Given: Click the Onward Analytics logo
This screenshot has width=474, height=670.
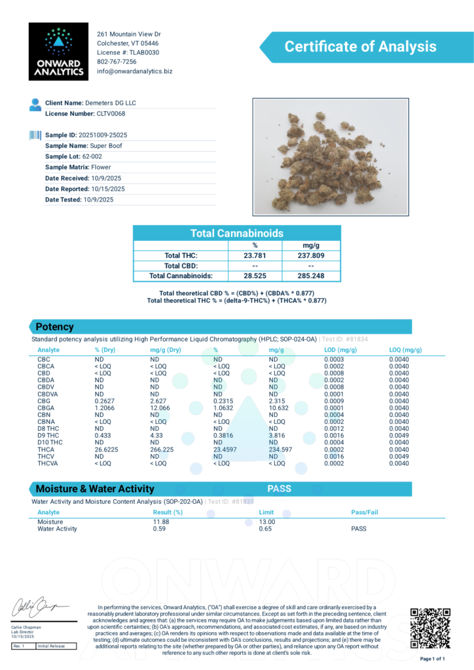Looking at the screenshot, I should [58, 52].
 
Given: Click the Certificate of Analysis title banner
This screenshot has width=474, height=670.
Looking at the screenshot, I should [359, 47].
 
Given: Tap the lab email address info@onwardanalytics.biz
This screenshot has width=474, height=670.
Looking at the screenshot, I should [134, 71].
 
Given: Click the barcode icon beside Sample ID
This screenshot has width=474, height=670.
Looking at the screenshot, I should [35, 135].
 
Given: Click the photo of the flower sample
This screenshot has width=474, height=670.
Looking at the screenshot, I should [331, 156].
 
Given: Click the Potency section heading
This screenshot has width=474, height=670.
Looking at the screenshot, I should [55, 326].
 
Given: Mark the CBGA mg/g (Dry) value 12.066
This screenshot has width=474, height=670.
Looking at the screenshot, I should [161, 408].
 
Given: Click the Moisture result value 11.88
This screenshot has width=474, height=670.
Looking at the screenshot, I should [160, 522].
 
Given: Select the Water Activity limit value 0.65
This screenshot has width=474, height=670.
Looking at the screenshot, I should [266, 529].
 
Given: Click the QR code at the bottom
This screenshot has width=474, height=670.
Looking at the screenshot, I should [429, 627].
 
